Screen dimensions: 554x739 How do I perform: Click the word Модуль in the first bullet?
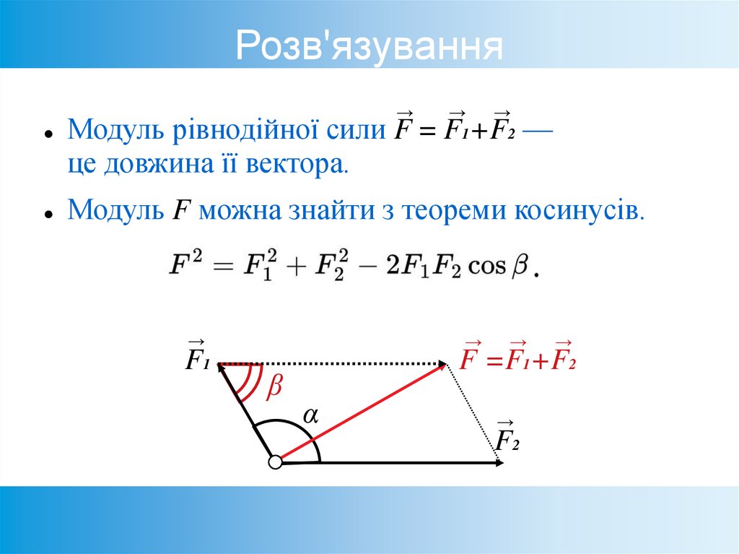(x=117, y=131)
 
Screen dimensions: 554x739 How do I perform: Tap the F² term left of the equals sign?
(x=185, y=265)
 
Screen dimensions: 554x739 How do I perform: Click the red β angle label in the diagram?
(x=274, y=388)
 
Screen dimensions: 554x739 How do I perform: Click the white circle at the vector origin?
(x=274, y=462)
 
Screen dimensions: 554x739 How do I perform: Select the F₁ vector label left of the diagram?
(x=196, y=356)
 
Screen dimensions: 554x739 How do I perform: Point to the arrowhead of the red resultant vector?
(x=442, y=366)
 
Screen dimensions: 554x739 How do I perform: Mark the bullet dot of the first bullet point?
(x=47, y=134)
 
